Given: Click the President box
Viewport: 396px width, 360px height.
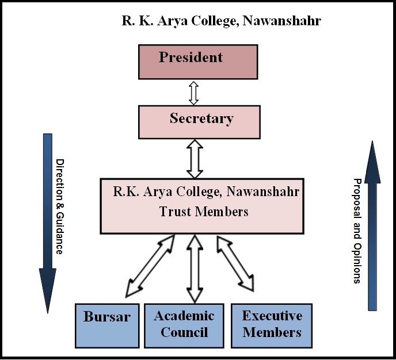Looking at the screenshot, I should (x=197, y=62).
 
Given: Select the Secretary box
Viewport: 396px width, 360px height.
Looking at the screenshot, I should (x=199, y=121).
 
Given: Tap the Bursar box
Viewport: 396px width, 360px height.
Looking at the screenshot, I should (x=108, y=325).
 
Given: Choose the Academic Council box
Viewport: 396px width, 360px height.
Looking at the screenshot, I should (x=184, y=325).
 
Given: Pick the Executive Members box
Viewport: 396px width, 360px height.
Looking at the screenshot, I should (x=272, y=325).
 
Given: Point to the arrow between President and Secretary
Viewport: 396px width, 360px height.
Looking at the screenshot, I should (x=194, y=93).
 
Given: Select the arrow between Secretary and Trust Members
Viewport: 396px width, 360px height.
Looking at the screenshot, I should (x=195, y=158).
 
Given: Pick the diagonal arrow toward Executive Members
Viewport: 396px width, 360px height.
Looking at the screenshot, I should (x=235, y=262).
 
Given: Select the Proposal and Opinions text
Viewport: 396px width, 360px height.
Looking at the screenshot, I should (x=356, y=230).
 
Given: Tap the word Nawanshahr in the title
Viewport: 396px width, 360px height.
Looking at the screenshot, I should (x=281, y=21).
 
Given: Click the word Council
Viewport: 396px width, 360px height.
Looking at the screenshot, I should (x=184, y=332).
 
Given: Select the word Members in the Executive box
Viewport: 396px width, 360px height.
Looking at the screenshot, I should (x=272, y=332).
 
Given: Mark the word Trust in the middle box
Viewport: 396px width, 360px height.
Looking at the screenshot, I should (x=174, y=212).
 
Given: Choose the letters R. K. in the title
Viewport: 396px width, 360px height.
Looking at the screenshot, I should (x=136, y=21).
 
